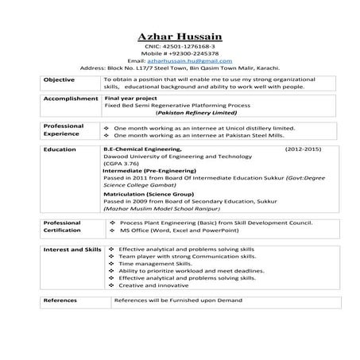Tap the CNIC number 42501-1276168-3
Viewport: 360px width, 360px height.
coord(180,47)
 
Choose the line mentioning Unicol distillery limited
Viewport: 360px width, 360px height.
coord(199,127)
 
